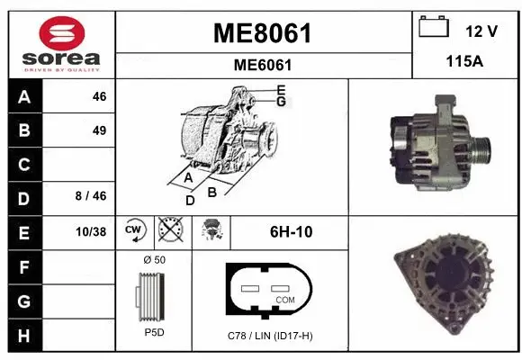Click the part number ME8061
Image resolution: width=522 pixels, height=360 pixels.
[262, 33]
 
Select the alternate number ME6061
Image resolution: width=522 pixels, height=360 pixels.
[262, 65]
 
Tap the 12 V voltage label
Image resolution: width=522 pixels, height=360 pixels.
[481, 31]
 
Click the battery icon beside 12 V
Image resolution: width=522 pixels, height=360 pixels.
[434, 28]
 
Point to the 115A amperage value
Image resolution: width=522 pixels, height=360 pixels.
[465, 61]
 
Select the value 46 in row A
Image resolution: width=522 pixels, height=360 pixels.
[99, 97]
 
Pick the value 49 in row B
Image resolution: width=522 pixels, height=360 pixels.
[99, 130]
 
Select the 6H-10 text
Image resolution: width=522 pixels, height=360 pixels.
[291, 231]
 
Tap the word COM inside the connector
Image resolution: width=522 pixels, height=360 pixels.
[284, 299]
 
